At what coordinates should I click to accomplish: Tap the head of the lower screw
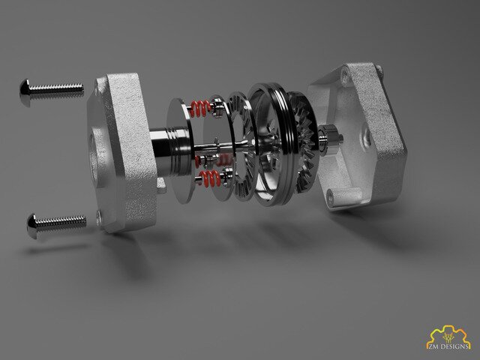pos(31,226)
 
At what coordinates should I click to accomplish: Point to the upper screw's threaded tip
pos(81,88)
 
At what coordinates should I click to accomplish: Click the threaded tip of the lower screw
pos(83,221)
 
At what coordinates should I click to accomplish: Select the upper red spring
pos(200,109)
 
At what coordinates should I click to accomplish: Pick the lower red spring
pos(210,178)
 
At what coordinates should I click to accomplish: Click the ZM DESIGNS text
pos(448,346)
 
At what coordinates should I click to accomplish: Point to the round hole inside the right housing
pos(366,137)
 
